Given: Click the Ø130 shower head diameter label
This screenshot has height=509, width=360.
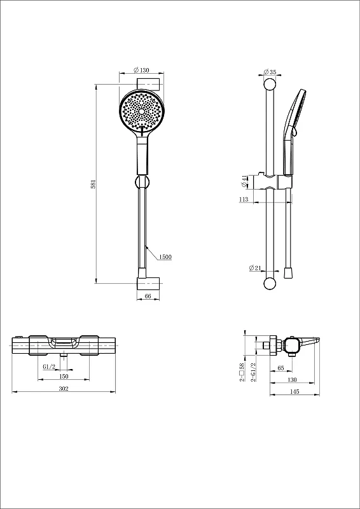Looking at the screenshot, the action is [x=141, y=70].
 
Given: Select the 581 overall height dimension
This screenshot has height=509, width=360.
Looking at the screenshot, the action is [x=93, y=184].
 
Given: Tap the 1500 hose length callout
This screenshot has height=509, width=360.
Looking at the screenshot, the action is [x=165, y=257].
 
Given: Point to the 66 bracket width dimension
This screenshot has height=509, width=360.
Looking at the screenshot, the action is [x=148, y=296].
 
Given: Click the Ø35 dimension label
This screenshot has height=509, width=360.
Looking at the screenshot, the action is [x=270, y=72].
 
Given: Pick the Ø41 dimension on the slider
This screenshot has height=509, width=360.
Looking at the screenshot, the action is [x=244, y=181].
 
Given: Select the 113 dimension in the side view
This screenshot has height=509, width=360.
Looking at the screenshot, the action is [x=244, y=199].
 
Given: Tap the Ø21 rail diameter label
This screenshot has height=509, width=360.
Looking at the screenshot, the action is [x=255, y=268].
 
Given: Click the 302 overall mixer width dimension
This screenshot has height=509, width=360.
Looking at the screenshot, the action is [x=64, y=389].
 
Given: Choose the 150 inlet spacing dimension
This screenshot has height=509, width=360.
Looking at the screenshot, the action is [x=64, y=376].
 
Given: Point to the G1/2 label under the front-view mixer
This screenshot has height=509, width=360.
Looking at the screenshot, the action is [x=50, y=367].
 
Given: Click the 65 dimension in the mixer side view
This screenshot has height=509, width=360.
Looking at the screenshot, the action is [x=281, y=368].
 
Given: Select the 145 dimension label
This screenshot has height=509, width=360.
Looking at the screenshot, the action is [x=294, y=392].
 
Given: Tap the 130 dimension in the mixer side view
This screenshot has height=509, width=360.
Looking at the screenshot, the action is [x=292, y=380].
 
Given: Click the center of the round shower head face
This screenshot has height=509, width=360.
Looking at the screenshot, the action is [x=142, y=111].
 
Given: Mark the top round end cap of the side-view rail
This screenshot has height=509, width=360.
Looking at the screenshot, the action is [x=270, y=85].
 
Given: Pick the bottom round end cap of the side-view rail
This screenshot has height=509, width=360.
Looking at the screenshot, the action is [x=270, y=283].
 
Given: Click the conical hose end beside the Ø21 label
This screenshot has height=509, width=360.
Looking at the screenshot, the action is [x=287, y=273].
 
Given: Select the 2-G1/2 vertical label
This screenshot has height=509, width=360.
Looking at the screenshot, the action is [x=254, y=372].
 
